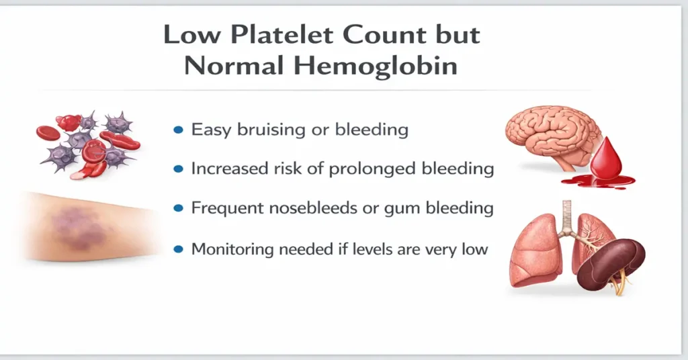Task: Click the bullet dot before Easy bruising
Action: click(x=178, y=130)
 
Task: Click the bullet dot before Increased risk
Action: click(x=178, y=169)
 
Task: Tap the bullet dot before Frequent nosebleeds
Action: click(x=178, y=209)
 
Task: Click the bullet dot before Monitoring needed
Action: click(x=178, y=249)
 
